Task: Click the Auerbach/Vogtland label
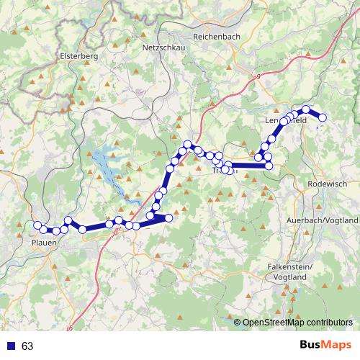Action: [x=322, y=219]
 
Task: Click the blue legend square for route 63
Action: [x=9, y=346]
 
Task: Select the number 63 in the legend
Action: [x=27, y=346]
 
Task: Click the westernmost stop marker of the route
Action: [x=37, y=225]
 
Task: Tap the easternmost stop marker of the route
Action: [x=323, y=117]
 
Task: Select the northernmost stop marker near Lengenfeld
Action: [x=306, y=109]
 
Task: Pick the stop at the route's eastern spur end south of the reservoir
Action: [x=169, y=217]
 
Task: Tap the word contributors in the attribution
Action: [x=328, y=323]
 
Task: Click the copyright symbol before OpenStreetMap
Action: [x=238, y=323]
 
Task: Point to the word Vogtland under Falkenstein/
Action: [x=287, y=276]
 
